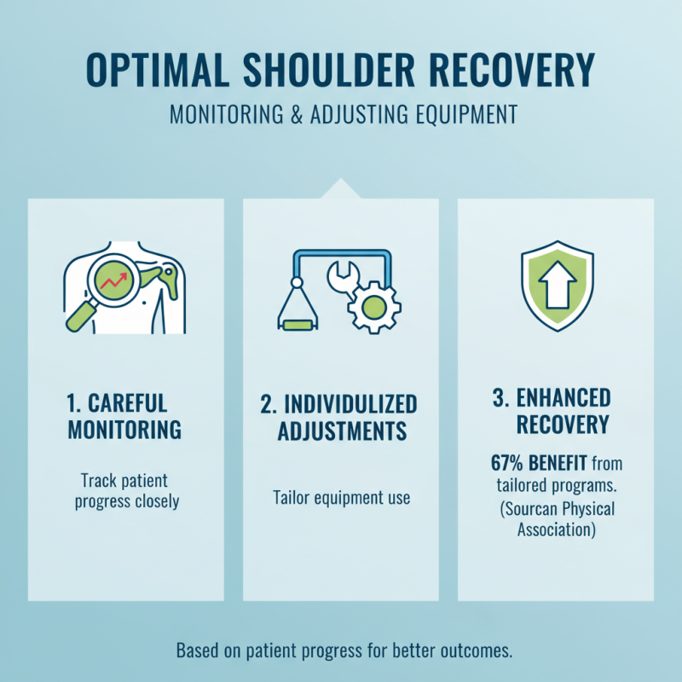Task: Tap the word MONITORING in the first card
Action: tap(124, 430)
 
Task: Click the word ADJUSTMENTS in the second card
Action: tap(340, 431)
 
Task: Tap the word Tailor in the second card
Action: tap(292, 497)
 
